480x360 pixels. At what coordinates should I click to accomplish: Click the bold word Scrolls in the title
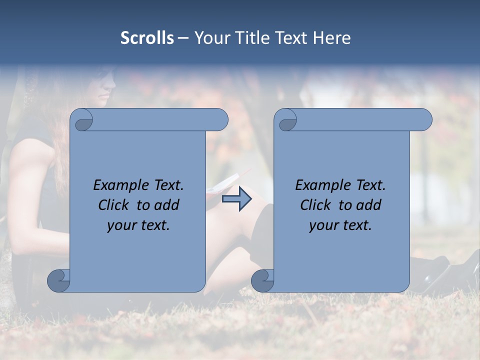(x=147, y=38)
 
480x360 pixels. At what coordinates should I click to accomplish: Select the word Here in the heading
(x=331, y=38)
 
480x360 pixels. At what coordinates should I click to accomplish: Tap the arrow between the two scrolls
(x=236, y=199)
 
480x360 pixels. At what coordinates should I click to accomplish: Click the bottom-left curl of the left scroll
(x=59, y=280)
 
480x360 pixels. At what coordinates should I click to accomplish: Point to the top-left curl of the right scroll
(x=286, y=120)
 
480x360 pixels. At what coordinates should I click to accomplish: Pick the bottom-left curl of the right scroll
(x=262, y=280)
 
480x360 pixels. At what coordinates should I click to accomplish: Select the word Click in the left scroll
(x=113, y=205)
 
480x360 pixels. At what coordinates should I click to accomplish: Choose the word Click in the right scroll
(x=315, y=205)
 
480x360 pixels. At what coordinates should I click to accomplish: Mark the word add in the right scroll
(x=370, y=205)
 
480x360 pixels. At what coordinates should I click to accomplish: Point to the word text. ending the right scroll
(x=358, y=225)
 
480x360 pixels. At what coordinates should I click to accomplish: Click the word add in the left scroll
(x=168, y=205)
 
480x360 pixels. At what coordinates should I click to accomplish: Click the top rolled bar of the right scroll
(x=360, y=120)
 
